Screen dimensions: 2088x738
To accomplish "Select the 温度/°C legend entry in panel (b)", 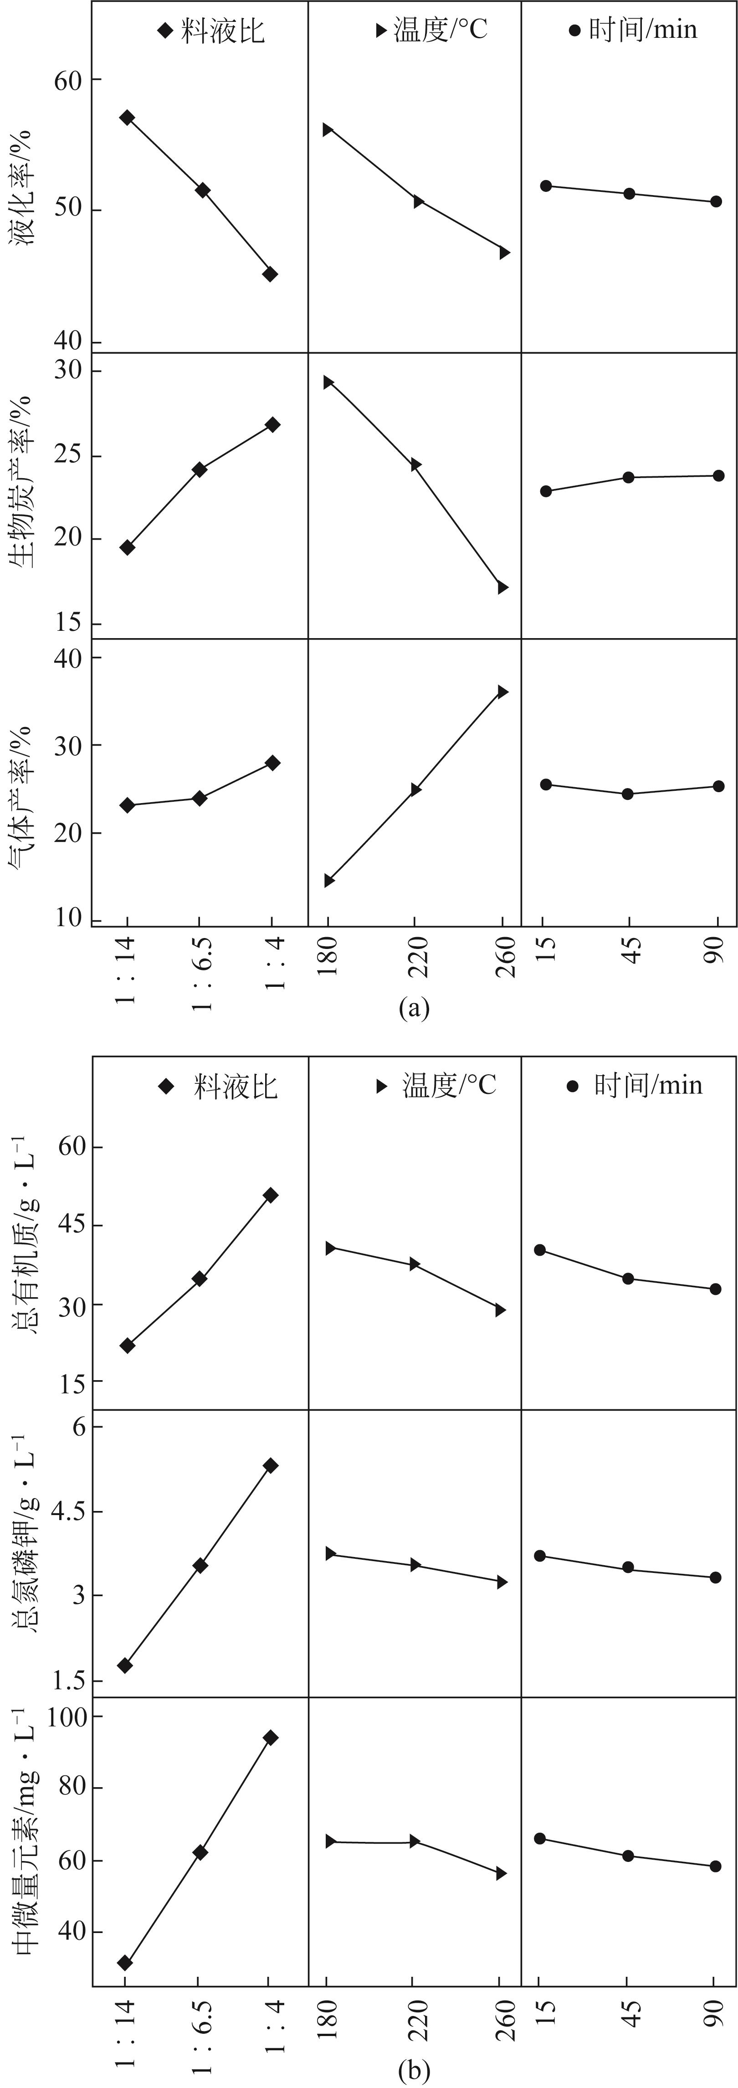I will pyautogui.click(x=437, y=1085).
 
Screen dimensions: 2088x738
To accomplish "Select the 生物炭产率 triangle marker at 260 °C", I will pyautogui.click(x=502, y=587).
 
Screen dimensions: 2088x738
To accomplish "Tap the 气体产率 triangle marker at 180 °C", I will pyautogui.click(x=329, y=880).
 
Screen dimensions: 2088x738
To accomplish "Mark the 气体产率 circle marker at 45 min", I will pyautogui.click(x=628, y=794).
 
